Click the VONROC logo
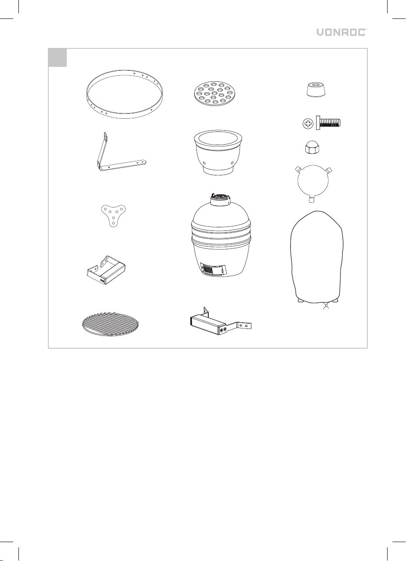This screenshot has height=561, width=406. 342,33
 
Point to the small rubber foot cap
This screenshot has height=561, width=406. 316,89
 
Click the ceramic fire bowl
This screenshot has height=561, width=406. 218,153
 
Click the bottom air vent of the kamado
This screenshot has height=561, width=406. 213,269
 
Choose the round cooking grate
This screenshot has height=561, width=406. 110,324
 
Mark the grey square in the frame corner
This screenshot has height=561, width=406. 58,58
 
